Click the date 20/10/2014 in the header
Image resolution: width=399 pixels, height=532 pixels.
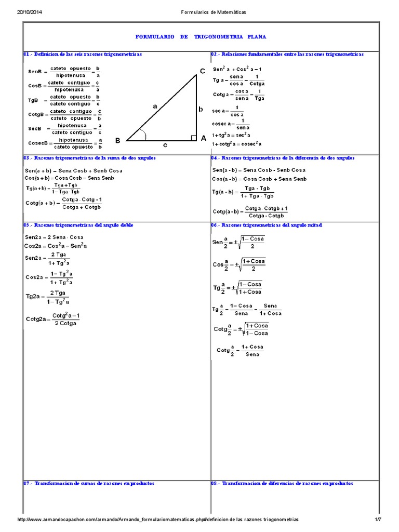coord(24,11)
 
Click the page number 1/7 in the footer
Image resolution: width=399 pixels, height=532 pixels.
coord(378,520)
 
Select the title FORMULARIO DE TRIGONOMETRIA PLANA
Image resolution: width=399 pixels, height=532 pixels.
coord(201,37)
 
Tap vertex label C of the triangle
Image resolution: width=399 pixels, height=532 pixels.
coord(202,71)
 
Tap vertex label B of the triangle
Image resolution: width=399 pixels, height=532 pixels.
coord(117,140)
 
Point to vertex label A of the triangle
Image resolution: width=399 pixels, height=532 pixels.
coord(204,138)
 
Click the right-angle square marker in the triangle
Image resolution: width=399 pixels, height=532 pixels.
coord(193,138)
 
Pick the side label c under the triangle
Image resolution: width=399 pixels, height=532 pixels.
coord(165,145)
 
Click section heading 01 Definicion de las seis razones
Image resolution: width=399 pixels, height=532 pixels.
coord(83,54)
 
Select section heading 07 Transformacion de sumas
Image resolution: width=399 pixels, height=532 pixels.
coord(89,483)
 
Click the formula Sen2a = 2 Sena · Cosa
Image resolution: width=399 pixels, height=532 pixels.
coord(54,237)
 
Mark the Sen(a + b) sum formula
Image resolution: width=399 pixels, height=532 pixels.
coord(73,170)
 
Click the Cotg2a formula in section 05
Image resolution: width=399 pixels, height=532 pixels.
coord(52,319)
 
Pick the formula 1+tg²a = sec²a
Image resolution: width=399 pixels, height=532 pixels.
coord(236,135)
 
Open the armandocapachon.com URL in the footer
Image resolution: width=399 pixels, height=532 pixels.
coord(158,520)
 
